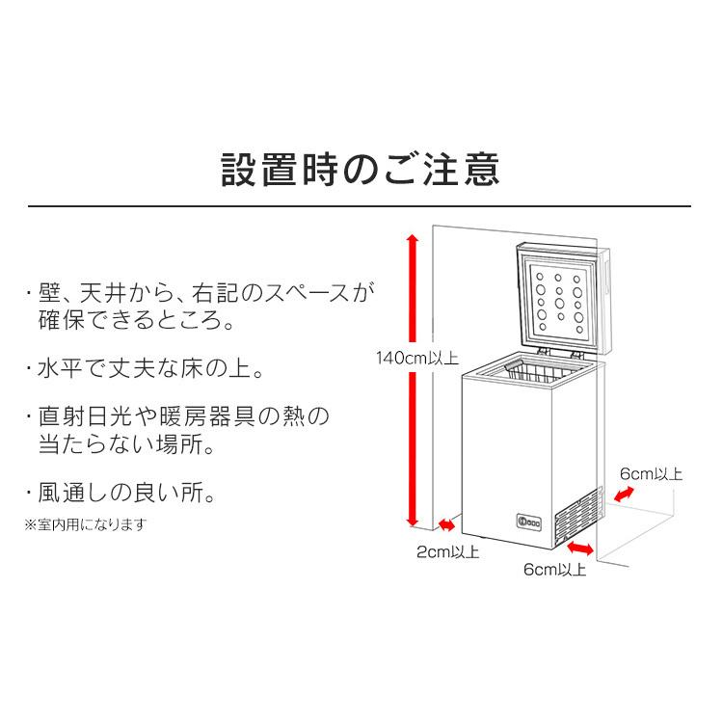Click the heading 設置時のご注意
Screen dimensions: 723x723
click(361, 169)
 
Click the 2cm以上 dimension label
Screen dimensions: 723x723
click(447, 552)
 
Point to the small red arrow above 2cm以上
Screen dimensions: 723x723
click(447, 526)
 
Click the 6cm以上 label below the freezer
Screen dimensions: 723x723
click(555, 570)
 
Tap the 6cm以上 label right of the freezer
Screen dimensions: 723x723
click(652, 473)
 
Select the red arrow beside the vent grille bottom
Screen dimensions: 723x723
click(580, 548)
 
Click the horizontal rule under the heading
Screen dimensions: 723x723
click(361, 206)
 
